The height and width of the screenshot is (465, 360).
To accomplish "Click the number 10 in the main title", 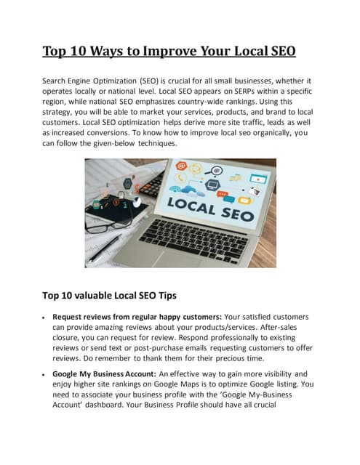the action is coord(86,52).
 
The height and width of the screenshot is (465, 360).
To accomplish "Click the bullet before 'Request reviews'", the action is coord(45,319).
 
